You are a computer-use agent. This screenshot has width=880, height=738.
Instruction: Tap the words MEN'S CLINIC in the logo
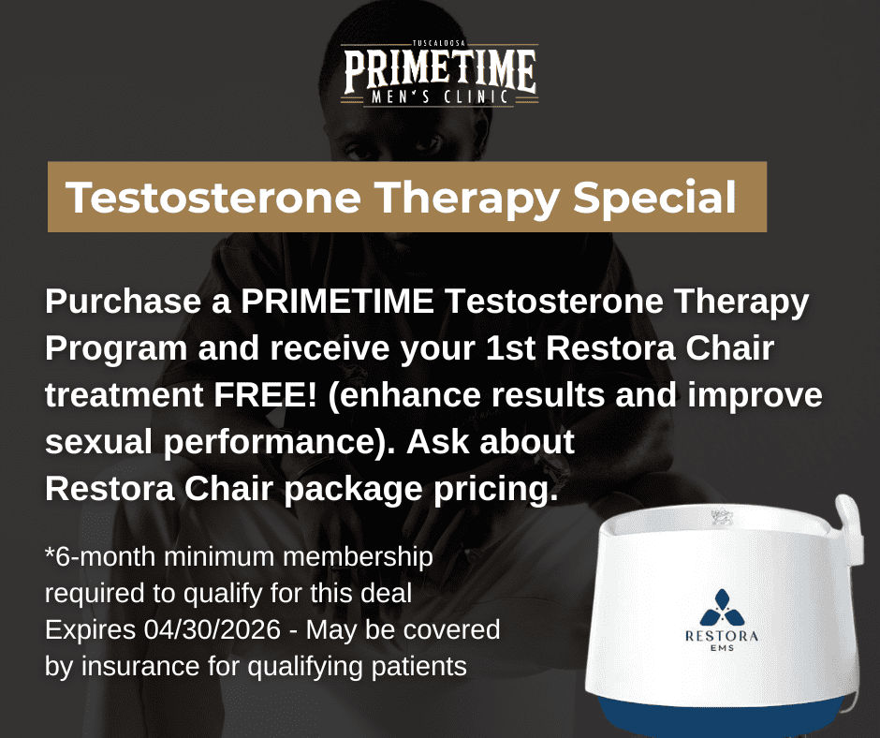440,96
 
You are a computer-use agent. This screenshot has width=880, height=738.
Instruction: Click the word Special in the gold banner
654,198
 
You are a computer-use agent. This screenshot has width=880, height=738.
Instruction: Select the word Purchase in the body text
123,301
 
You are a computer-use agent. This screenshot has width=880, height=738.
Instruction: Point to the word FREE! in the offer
265,394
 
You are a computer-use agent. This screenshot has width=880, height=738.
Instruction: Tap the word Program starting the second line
116,349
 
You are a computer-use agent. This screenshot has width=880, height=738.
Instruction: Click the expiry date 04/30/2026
213,629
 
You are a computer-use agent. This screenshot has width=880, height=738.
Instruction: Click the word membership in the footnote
358,557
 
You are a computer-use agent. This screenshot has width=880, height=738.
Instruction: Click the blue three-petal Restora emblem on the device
722,608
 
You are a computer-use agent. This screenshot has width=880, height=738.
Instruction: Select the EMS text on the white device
722,647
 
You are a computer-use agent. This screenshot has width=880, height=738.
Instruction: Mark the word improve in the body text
755,396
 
